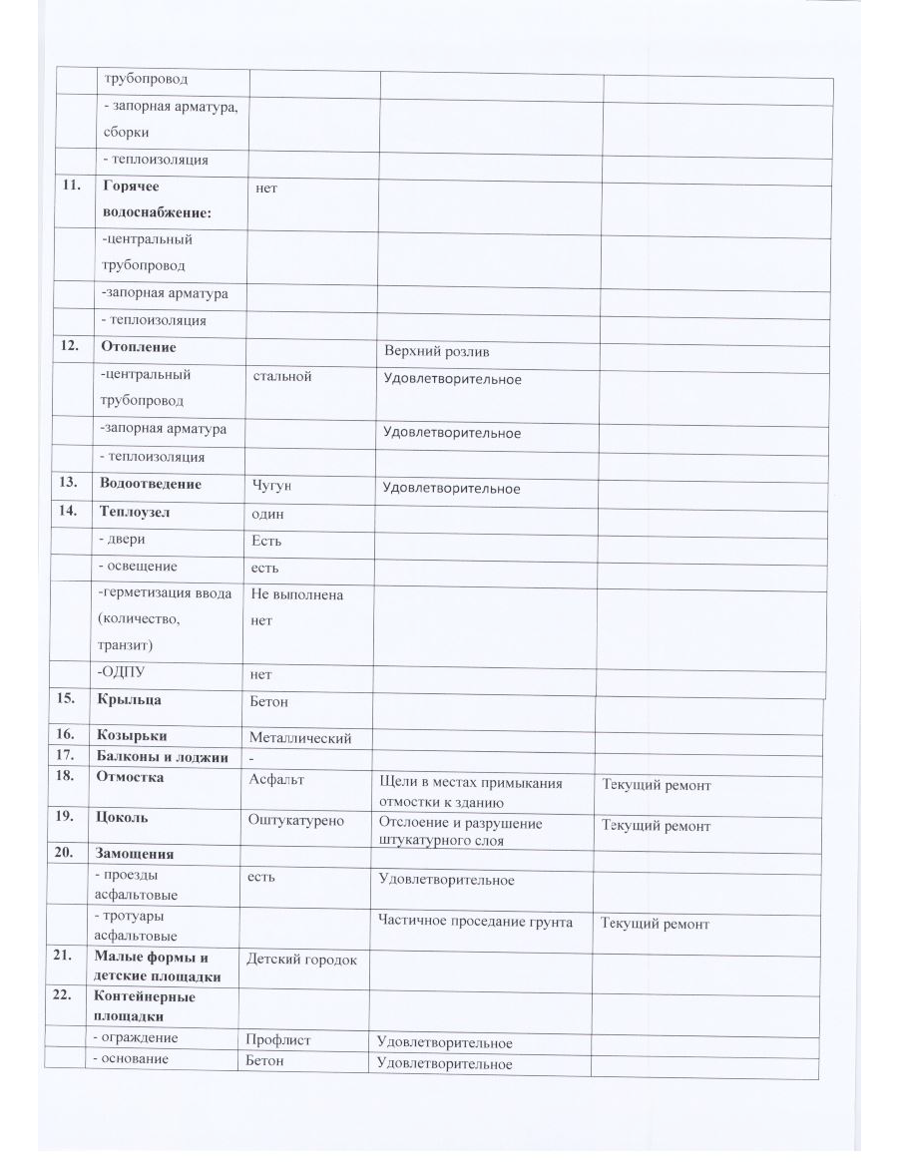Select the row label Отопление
[138, 347]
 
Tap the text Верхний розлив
[436, 352]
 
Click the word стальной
[283, 376]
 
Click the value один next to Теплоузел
[269, 513]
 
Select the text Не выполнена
[299, 594]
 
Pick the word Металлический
[299, 738]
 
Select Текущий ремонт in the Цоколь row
[656, 826]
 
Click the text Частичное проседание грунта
[475, 922]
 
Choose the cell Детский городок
[301, 960]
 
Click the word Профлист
[278, 1040]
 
